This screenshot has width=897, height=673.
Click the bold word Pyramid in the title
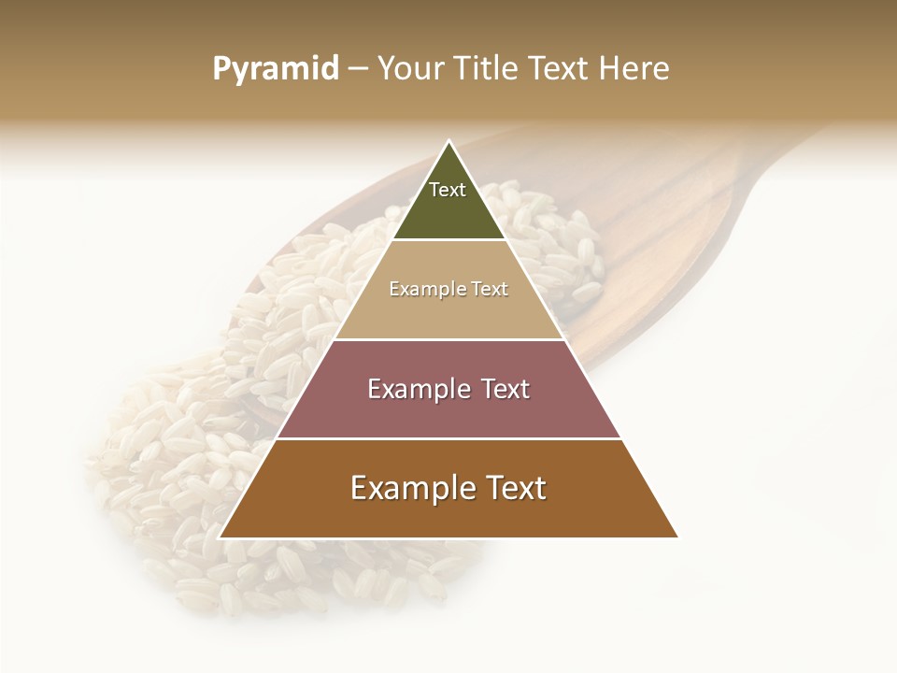tap(276, 68)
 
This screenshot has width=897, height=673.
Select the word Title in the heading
tap(489, 68)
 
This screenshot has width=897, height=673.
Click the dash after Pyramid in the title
tap(358, 69)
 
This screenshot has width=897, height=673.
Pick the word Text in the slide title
tap(561, 68)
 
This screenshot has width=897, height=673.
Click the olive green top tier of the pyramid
tap(448, 210)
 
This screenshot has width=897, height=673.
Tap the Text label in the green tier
tap(448, 190)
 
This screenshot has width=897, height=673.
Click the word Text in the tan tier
tap(490, 289)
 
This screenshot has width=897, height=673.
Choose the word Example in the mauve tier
tap(417, 389)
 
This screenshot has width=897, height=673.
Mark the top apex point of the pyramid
tap(448, 141)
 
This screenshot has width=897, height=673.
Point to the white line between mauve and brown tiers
tap(448, 438)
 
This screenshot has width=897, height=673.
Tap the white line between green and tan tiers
tap(448, 240)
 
